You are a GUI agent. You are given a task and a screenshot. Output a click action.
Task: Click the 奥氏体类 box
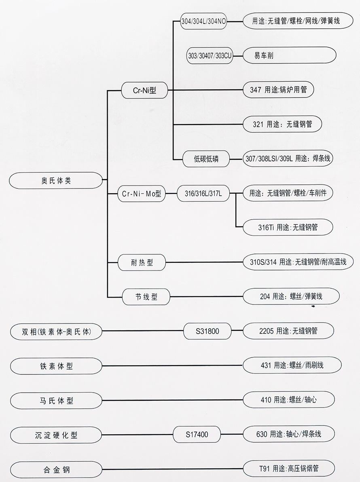coord(56,180)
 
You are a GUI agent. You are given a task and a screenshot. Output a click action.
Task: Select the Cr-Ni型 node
coord(144,91)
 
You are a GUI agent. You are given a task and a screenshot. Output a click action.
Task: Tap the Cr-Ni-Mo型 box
coord(142,194)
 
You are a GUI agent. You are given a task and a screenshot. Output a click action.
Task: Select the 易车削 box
coord(289,55)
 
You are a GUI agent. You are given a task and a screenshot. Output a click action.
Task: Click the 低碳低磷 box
coord(206,159)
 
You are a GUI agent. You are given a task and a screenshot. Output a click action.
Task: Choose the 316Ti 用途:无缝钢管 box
coord(288,227)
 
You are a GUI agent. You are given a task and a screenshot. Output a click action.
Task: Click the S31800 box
coord(207,331)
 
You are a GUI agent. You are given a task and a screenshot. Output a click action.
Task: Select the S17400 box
coord(197,435)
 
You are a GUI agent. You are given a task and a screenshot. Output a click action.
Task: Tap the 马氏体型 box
coord(56,400)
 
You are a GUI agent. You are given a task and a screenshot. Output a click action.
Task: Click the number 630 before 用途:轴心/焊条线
coord(262,434)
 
